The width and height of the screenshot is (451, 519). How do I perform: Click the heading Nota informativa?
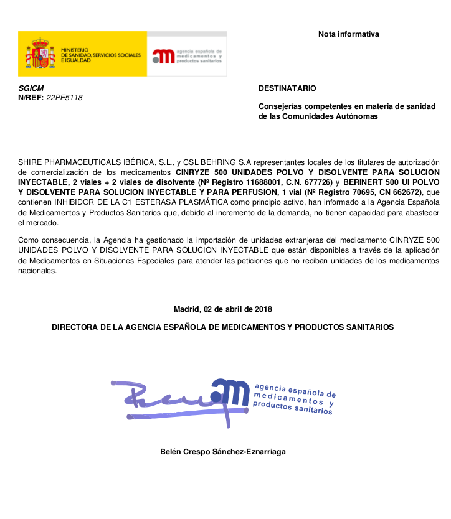(x=348, y=34)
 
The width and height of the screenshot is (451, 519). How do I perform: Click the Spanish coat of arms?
(x=40, y=54)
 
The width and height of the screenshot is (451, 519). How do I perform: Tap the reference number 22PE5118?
(x=64, y=98)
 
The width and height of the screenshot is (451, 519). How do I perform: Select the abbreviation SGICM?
(x=31, y=88)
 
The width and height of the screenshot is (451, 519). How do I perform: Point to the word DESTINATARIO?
(x=287, y=88)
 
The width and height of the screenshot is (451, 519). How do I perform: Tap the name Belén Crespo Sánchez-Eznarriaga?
(x=223, y=452)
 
